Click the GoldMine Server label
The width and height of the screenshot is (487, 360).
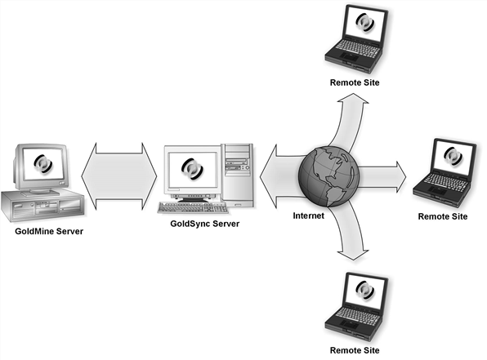pyautogui.click(x=49, y=231)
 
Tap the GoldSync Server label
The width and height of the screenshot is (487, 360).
pyautogui.click(x=204, y=224)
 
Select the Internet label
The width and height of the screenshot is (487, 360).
pyautogui.click(x=308, y=216)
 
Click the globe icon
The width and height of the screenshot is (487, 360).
pyautogui.click(x=328, y=176)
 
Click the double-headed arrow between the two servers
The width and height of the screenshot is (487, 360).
pyautogui.click(x=119, y=176)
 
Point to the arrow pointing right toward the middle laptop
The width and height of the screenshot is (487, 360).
pyautogui.click(x=382, y=177)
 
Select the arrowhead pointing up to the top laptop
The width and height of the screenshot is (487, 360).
pyautogui.click(x=353, y=100)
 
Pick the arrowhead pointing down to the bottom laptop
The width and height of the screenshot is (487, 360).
pyautogui.click(x=353, y=254)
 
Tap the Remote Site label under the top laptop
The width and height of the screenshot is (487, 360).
pyautogui.click(x=355, y=82)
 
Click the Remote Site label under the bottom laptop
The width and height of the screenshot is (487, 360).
pyautogui.click(x=355, y=350)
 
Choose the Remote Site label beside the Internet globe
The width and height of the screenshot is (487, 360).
pyautogui.click(x=443, y=216)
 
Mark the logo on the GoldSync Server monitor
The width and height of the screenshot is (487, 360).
pyautogui.click(x=192, y=169)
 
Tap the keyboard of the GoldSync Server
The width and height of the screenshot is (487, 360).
pyautogui.click(x=193, y=208)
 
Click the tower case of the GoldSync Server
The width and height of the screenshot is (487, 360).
pyautogui.click(x=238, y=176)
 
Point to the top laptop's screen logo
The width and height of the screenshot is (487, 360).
pyautogui.click(x=365, y=22)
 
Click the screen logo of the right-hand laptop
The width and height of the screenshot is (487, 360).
pyautogui.click(x=453, y=156)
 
